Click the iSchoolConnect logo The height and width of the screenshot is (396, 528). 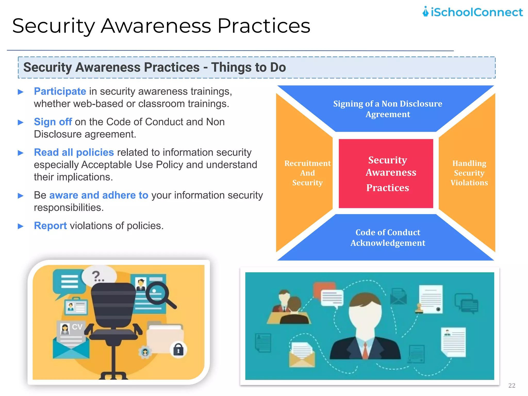[472, 12]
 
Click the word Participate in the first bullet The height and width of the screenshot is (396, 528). [60, 92]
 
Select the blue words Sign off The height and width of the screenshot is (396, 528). [53, 122]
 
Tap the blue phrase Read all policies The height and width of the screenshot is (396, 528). [74, 152]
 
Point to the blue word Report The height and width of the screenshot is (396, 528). [50, 226]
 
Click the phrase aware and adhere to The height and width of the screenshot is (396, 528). [99, 195]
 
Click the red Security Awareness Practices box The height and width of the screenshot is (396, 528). [386, 174]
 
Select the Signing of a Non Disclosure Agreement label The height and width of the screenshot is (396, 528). [387, 109]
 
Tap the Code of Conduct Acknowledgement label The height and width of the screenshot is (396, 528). [387, 237]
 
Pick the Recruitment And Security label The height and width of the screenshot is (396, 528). [307, 173]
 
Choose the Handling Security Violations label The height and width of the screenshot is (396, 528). [469, 173]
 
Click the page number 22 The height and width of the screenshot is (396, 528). [511, 385]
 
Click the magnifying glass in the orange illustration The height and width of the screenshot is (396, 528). [158, 294]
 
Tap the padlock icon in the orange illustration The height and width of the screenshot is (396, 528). [178, 350]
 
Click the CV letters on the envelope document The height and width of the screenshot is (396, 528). [77, 327]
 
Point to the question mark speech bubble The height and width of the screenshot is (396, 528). [99, 276]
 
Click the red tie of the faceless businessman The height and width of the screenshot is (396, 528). [365, 351]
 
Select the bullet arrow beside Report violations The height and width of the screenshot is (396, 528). [21, 226]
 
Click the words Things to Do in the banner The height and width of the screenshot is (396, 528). [248, 68]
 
